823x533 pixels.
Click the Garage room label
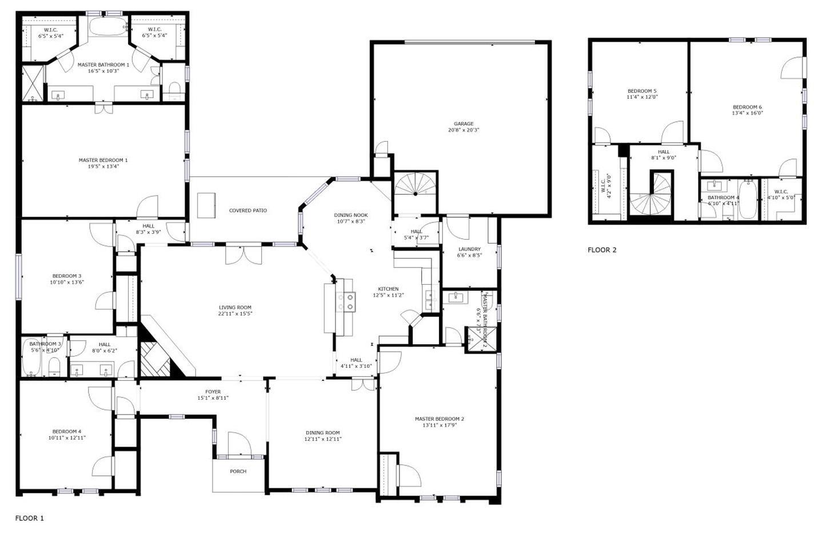(464, 124)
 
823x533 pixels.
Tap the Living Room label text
(235, 308)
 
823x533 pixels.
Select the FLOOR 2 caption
(602, 250)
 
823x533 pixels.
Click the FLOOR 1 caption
(29, 518)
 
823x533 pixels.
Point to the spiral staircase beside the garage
(416, 185)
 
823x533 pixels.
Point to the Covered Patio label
(248, 210)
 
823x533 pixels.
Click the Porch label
(238, 471)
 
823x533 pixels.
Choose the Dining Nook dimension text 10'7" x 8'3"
(351, 221)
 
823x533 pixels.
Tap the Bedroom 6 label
(748, 107)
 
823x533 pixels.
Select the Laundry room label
(469, 249)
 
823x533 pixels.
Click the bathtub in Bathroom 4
(747, 200)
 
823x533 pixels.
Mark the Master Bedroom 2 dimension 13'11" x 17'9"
(439, 425)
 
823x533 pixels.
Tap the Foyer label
(213, 392)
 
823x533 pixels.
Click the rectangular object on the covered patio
(207, 205)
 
